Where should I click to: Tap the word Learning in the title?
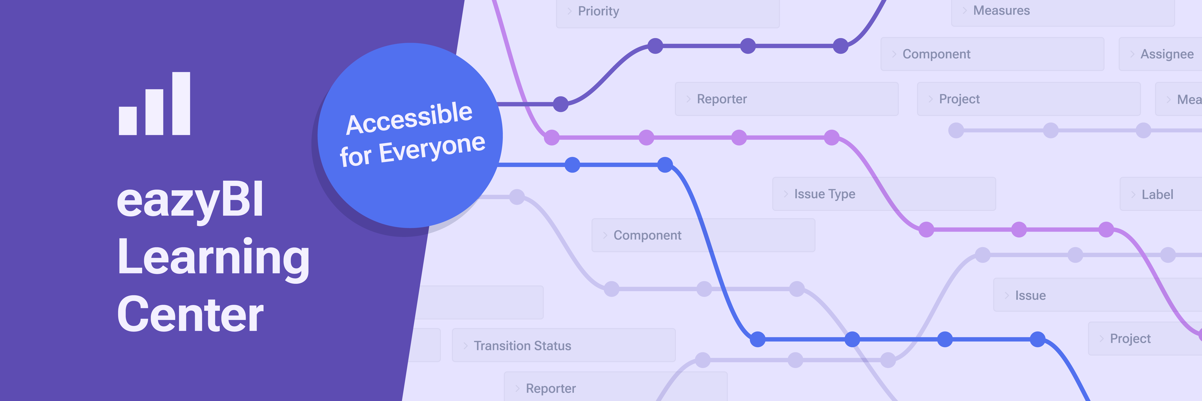213,258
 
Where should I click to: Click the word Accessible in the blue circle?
409,118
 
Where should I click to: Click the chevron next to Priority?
569,11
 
